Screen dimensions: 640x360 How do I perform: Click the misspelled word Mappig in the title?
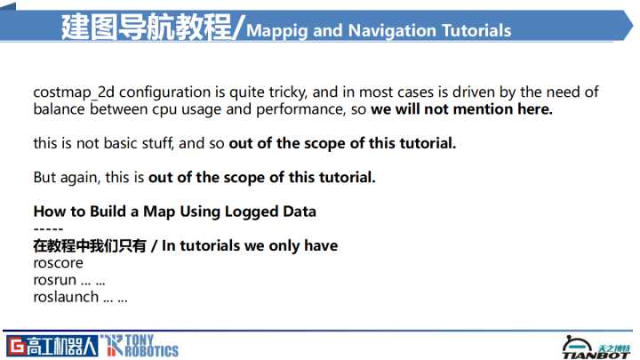click(x=276, y=31)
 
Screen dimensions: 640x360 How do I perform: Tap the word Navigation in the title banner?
click(x=392, y=30)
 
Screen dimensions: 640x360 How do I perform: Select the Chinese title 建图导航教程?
click(x=147, y=27)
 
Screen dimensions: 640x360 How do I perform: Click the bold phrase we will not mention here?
click(x=461, y=109)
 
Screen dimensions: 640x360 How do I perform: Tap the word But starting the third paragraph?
click(x=44, y=178)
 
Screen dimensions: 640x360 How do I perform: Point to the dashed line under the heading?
click(x=48, y=229)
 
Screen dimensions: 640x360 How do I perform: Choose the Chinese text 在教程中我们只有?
click(x=90, y=245)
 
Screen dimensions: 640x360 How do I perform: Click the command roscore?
click(x=58, y=263)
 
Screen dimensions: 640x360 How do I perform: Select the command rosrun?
click(x=55, y=280)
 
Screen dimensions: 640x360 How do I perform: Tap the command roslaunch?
click(x=66, y=297)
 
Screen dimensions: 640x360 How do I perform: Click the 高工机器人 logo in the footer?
click(x=52, y=346)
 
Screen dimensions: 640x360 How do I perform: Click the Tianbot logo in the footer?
click(x=596, y=348)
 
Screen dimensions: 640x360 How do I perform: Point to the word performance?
click(x=300, y=110)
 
